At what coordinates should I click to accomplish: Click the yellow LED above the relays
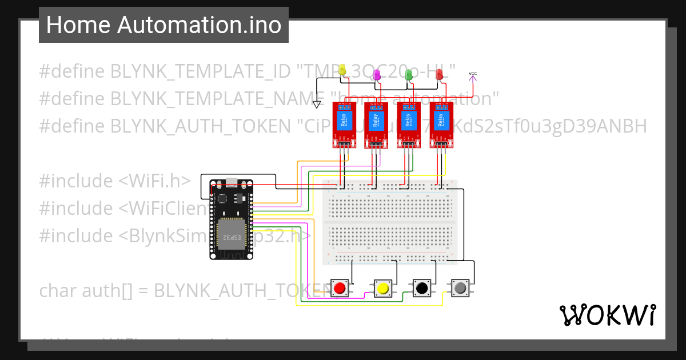pyautogui.click(x=342, y=70)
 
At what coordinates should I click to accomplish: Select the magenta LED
pyautogui.click(x=377, y=74)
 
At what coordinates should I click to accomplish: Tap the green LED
pyautogui.click(x=409, y=74)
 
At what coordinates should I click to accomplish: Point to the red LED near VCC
pyautogui.click(x=440, y=74)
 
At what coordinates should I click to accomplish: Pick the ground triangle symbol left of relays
pyautogui.click(x=317, y=104)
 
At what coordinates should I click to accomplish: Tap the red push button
pyautogui.click(x=340, y=288)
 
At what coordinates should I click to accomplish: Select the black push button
pyautogui.click(x=422, y=288)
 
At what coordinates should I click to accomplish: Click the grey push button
pyautogui.click(x=460, y=288)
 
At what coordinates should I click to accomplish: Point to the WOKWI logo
pyautogui.click(x=607, y=315)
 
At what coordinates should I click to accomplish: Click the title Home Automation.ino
pyautogui.click(x=163, y=25)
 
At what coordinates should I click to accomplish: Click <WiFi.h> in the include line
pyautogui.click(x=155, y=181)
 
